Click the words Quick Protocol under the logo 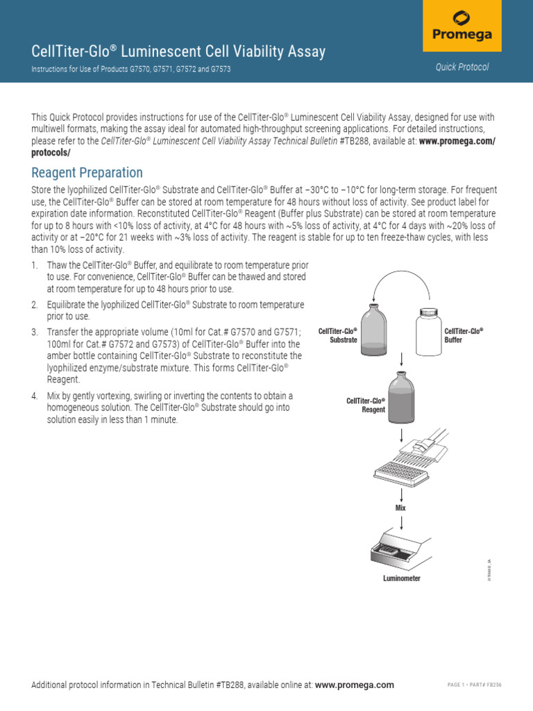(x=462, y=67)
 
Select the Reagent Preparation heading (x=87, y=173)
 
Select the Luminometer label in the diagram (x=402, y=578)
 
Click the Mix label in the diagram (x=400, y=508)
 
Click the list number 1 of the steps (x=35, y=266)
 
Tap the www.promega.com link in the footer (x=354, y=685)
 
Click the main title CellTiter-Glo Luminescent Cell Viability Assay (x=178, y=51)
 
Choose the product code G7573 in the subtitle (x=219, y=70)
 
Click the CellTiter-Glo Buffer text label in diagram (x=463, y=335)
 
